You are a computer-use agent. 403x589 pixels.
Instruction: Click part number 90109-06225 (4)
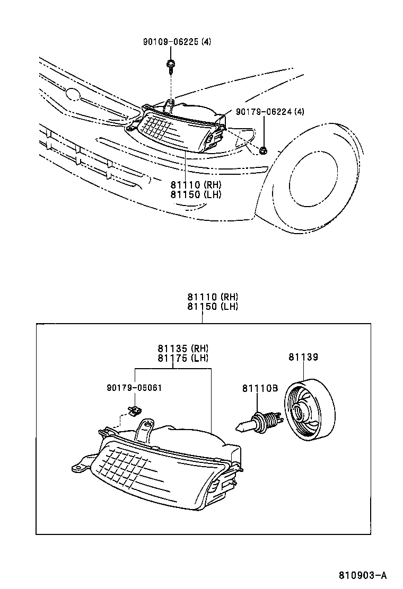[x=177, y=42]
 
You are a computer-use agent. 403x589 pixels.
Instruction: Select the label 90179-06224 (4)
[x=270, y=111]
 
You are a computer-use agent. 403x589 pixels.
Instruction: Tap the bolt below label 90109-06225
[x=171, y=65]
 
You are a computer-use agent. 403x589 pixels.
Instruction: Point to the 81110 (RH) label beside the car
[x=196, y=185]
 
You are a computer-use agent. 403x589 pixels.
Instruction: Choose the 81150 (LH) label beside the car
[x=196, y=194]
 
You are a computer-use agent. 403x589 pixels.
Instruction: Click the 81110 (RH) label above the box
[x=212, y=297]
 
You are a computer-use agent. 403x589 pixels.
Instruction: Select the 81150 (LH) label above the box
[x=212, y=307]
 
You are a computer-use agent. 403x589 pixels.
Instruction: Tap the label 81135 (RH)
[x=183, y=349]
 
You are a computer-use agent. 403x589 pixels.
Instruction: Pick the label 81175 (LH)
[x=183, y=358]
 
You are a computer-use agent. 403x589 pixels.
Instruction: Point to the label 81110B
[x=260, y=389]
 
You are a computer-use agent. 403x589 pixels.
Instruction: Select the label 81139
[x=303, y=358]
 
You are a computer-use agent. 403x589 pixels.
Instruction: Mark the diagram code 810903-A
[x=363, y=575]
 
